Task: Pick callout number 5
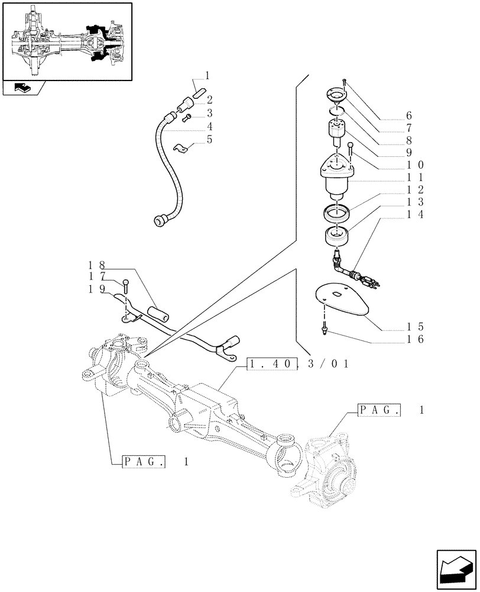(209, 140)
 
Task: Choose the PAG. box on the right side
(380, 410)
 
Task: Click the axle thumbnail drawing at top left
(67, 41)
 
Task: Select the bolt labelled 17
(125, 287)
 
